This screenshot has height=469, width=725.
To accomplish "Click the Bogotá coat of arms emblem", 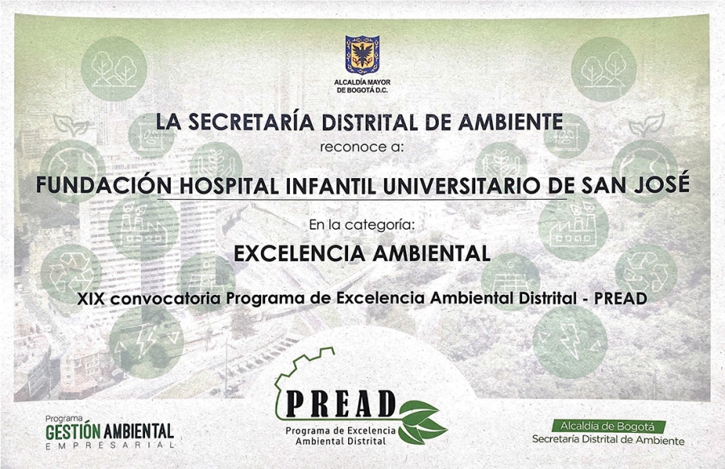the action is point(362,55).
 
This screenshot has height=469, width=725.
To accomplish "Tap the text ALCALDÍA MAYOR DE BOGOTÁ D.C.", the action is point(362,86).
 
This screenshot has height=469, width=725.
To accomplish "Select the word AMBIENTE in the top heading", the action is point(511,122).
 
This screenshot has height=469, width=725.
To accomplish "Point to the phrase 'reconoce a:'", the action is point(362,147).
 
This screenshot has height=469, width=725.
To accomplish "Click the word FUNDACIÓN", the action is point(104,185).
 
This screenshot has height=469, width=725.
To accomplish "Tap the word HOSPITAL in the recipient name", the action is point(229,185).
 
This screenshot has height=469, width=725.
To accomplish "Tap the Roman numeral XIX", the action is point(92,299).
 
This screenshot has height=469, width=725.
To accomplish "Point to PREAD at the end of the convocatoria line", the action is point(620,299).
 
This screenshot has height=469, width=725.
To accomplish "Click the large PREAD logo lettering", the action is point(341,403).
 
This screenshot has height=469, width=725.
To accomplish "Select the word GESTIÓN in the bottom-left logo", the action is point(73,432).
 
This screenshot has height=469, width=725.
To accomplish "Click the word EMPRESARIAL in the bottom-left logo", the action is point(110,446).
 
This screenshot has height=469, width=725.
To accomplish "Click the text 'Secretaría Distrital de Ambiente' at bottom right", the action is point(608,439).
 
